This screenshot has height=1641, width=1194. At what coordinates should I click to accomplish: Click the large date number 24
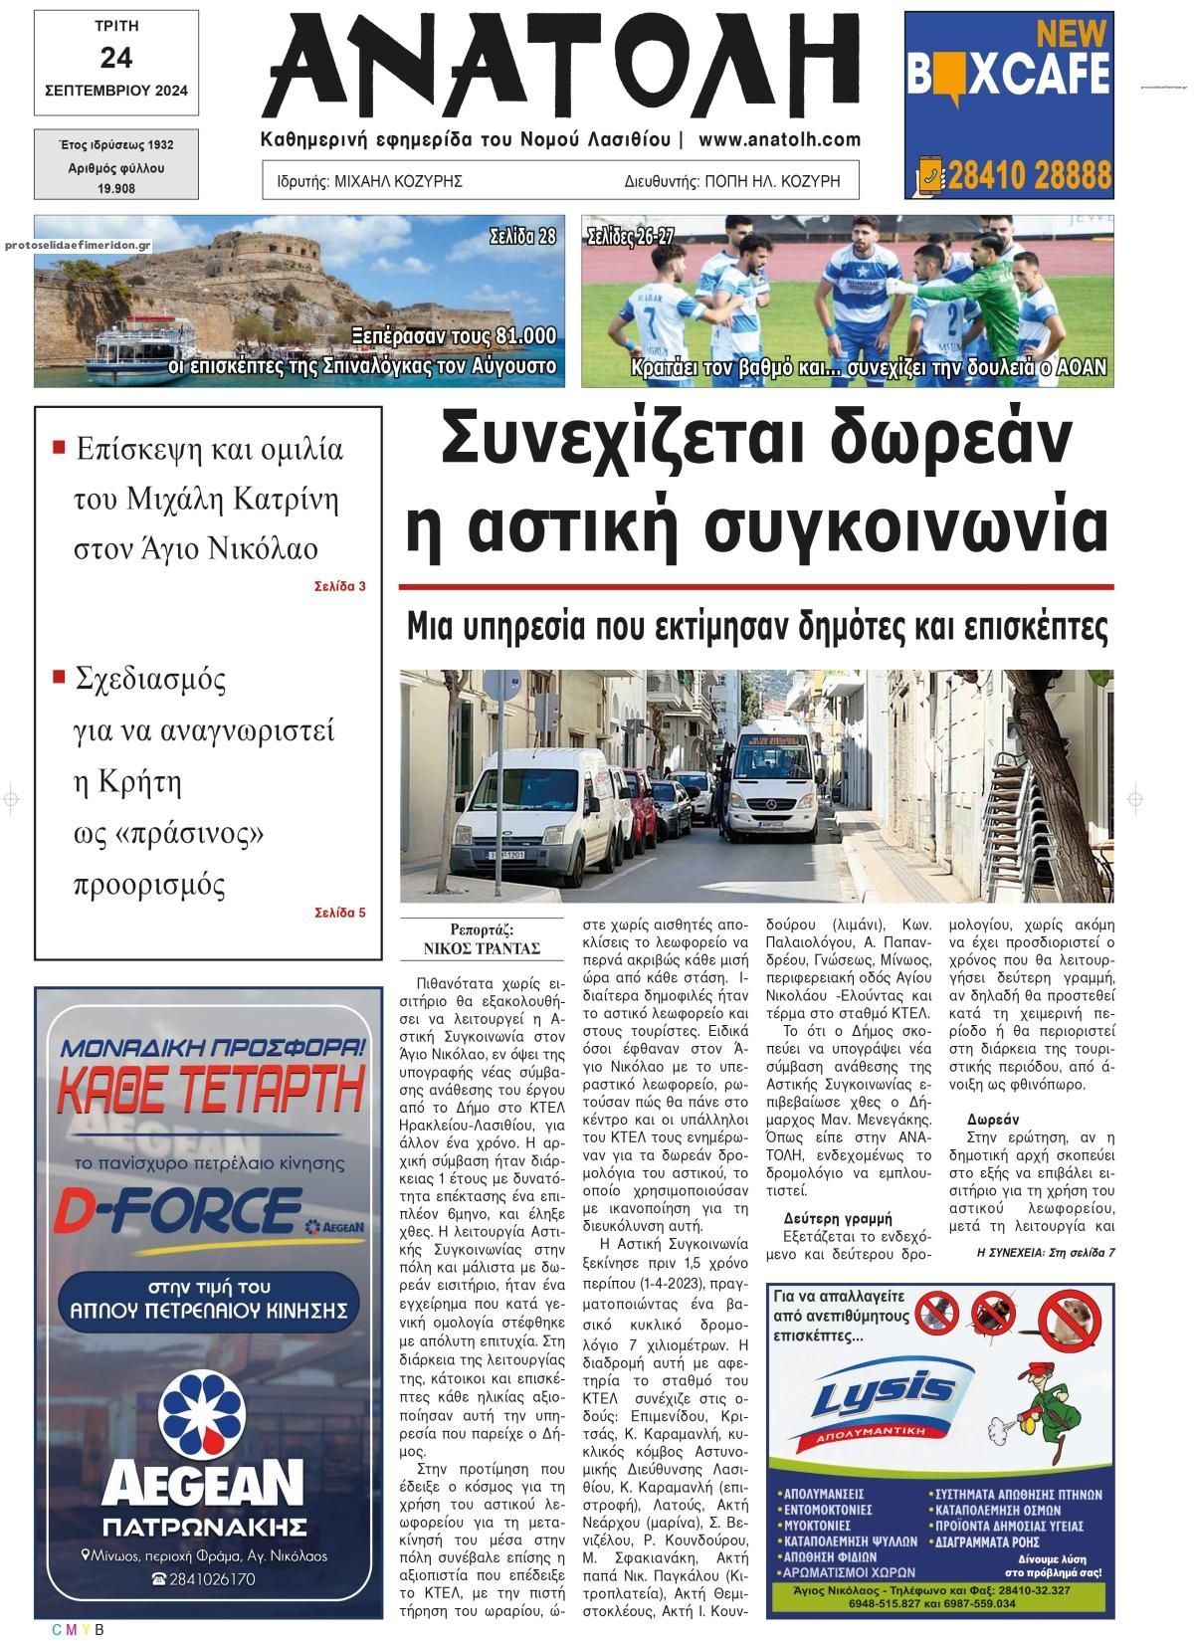(x=115, y=58)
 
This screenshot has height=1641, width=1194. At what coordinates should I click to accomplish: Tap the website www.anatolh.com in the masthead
(x=779, y=140)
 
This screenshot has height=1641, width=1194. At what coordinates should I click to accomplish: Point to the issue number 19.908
(x=116, y=188)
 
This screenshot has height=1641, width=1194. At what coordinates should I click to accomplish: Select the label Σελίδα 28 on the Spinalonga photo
(x=522, y=237)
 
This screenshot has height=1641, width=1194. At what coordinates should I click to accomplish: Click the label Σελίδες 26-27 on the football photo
(x=631, y=237)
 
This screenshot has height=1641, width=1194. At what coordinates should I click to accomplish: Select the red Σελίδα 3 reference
(x=340, y=586)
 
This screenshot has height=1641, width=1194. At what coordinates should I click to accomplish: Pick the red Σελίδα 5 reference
(x=340, y=912)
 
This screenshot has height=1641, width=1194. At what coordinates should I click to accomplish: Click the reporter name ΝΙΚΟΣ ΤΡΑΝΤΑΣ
(x=482, y=947)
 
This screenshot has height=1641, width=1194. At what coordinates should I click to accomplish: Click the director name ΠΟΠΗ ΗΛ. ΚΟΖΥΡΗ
(x=772, y=181)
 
